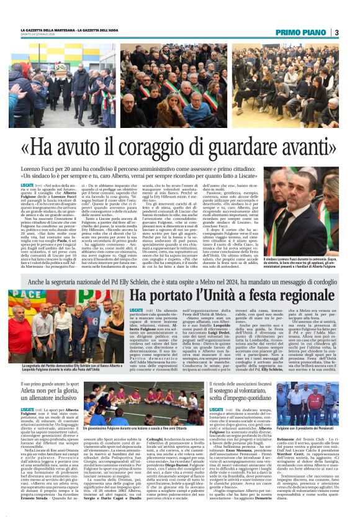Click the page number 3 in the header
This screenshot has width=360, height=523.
pyautogui.click(x=335, y=32)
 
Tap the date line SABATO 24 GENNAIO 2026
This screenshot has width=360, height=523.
pyautogui.click(x=37, y=35)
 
